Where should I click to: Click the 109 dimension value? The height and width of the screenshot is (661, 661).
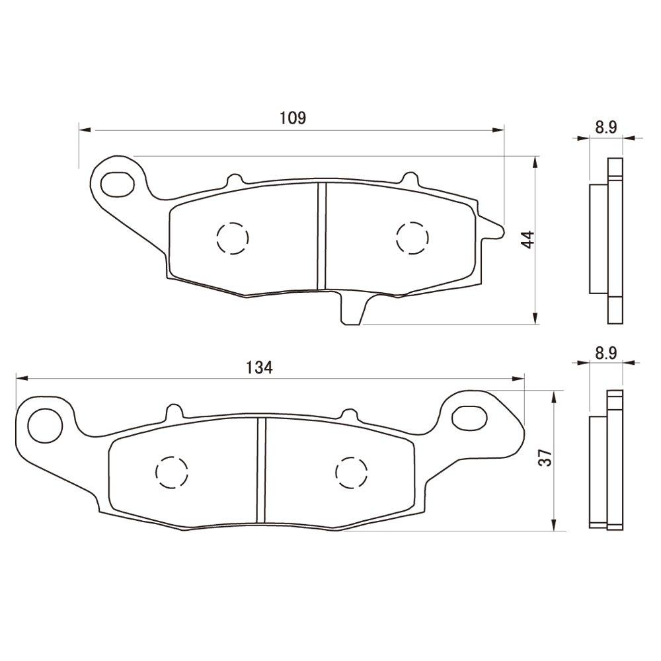coord(292,118)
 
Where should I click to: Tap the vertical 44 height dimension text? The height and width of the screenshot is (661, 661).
coord(527,240)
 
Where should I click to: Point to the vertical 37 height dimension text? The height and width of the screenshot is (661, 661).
coord(545,458)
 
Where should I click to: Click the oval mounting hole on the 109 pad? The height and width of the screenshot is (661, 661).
coord(117,183)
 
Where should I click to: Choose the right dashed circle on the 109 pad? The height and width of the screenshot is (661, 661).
coord(412,237)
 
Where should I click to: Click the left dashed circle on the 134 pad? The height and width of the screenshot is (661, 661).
coord(171,472)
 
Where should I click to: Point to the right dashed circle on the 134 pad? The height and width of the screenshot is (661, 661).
coord(351,472)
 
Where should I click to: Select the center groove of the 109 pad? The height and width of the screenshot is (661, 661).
coord(323,237)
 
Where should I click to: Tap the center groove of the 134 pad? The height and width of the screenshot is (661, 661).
coord(261,471)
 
